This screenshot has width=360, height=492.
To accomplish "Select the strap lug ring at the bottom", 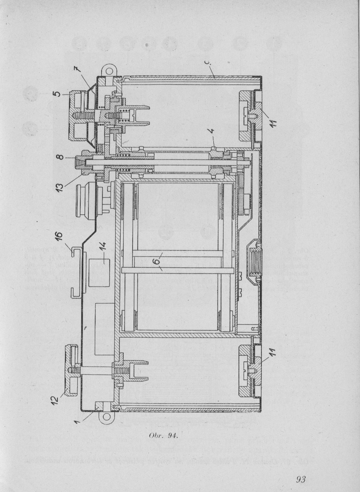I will (106, 418).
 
